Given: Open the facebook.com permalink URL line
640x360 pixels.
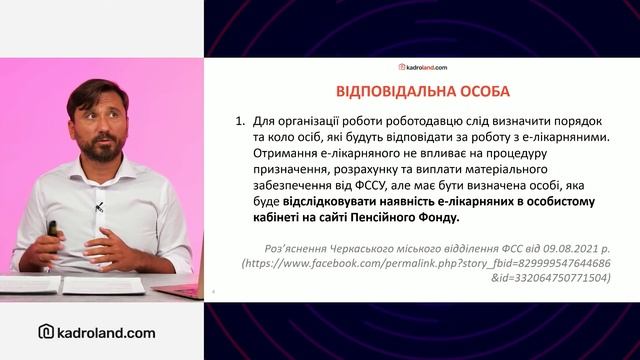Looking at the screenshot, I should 426,261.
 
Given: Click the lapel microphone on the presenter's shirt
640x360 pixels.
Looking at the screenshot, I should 100,208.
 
